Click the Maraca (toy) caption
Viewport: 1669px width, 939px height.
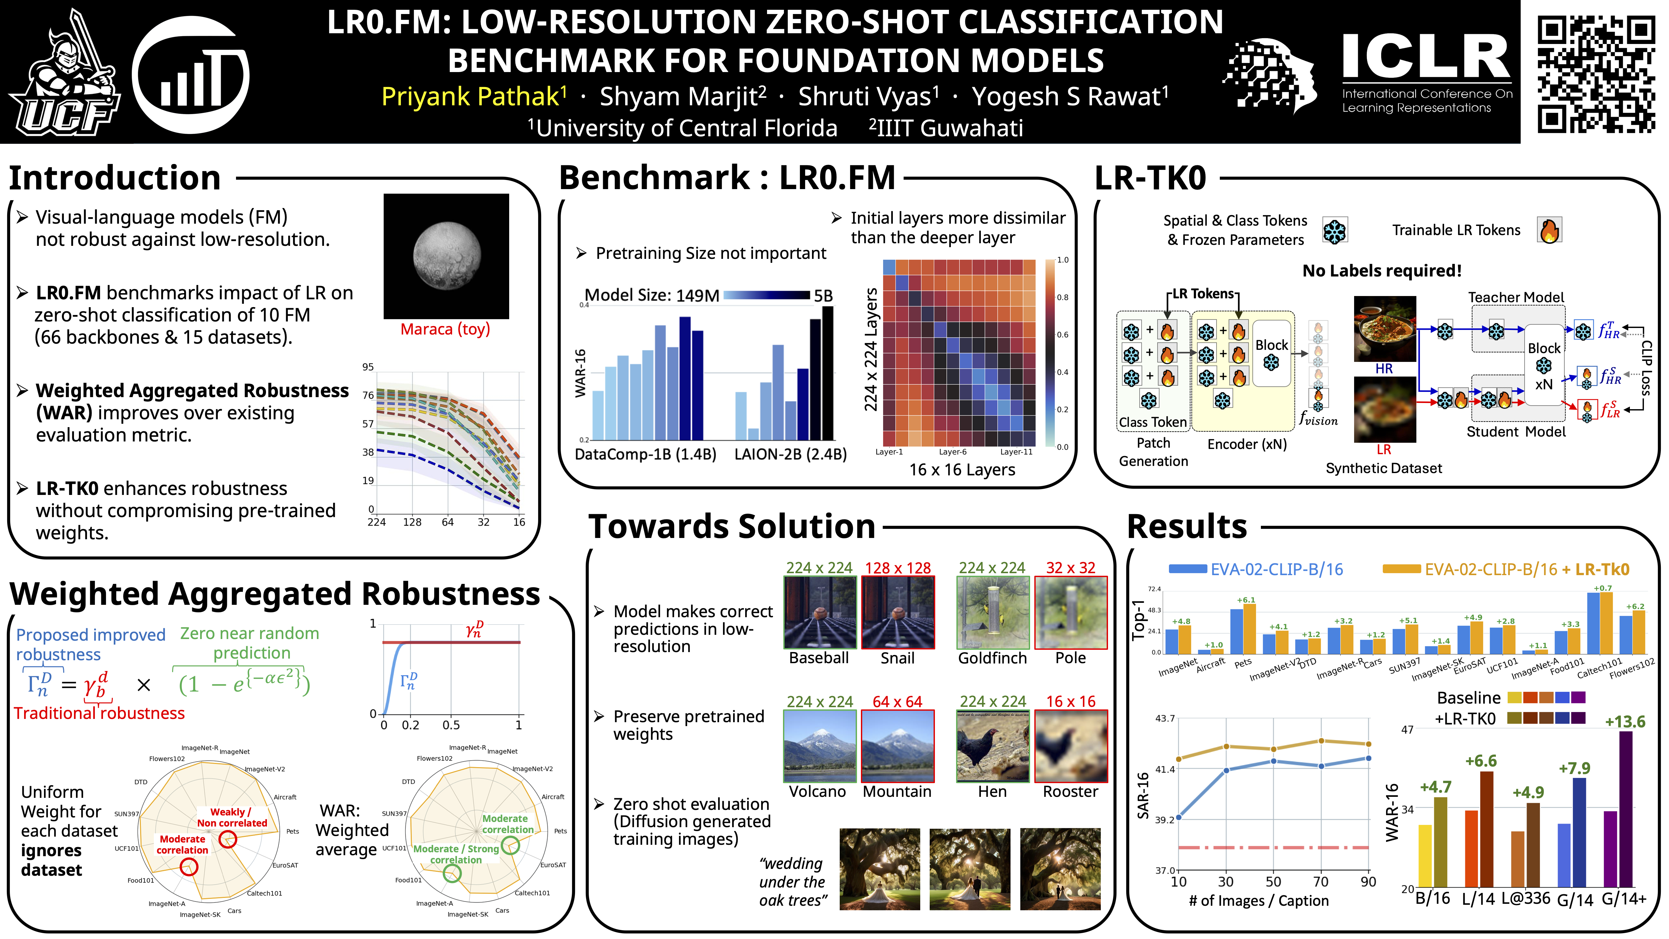tap(445, 329)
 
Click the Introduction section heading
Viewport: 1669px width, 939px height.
tap(115, 178)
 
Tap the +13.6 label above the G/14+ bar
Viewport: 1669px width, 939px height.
tap(1624, 721)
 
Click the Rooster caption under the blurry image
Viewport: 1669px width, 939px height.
tap(1070, 791)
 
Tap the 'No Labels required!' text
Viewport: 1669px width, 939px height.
tap(1382, 271)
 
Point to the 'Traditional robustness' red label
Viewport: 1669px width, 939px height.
tap(99, 713)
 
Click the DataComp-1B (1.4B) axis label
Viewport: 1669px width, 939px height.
tap(645, 454)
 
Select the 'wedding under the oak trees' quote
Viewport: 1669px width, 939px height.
tap(793, 882)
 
